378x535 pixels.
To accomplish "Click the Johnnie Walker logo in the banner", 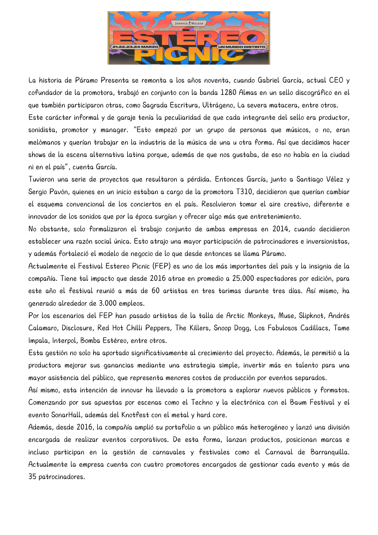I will coord(189,24).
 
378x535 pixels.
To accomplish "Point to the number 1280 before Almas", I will coord(228,93).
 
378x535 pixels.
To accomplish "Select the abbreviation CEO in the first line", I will coord(336,80).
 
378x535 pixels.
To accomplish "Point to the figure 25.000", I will coord(243,278).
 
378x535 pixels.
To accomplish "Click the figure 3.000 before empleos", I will coord(107,303).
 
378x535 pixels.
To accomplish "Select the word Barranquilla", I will coord(330,452).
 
